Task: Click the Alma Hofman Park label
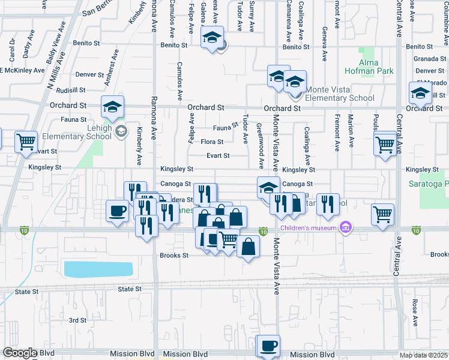point(376,67)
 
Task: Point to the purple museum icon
point(345,227)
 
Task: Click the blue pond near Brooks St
point(98,269)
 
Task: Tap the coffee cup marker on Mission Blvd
point(268,346)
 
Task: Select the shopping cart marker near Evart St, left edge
point(26,142)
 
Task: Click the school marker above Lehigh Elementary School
point(112,107)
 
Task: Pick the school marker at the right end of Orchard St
point(421,93)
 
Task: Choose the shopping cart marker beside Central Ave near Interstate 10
point(382,214)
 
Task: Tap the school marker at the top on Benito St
point(211,37)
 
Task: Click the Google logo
point(20,353)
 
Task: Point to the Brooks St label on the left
point(174,255)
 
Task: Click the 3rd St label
point(77,320)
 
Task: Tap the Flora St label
point(212,142)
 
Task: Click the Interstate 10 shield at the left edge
point(24,230)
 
